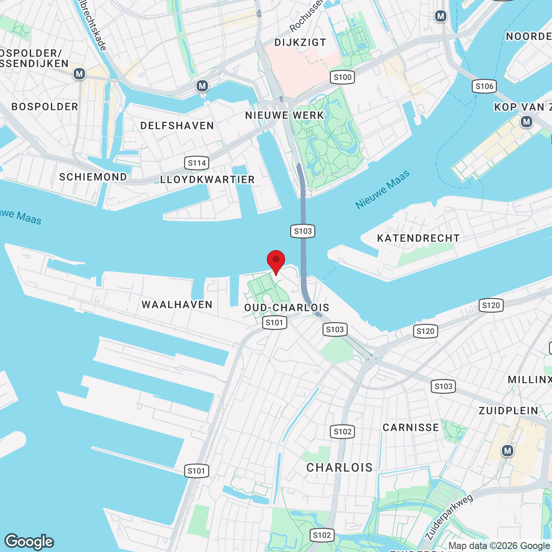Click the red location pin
point(276,261)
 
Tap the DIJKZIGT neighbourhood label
point(300,42)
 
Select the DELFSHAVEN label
point(177,125)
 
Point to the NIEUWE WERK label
point(285,115)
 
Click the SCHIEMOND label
point(93,177)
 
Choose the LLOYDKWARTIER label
point(207,179)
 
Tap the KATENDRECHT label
point(418,238)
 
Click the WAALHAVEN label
point(177,304)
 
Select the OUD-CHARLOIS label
point(287,307)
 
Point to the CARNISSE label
point(411,427)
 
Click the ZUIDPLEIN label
point(509,411)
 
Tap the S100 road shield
point(343,77)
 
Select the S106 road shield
point(484,86)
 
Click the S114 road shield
point(197,163)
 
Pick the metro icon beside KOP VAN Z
point(526,122)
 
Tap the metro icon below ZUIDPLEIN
point(508,451)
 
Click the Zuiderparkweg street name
point(449,517)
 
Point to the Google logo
point(29,542)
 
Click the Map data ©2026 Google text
point(499,546)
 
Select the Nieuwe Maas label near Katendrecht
point(382,190)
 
